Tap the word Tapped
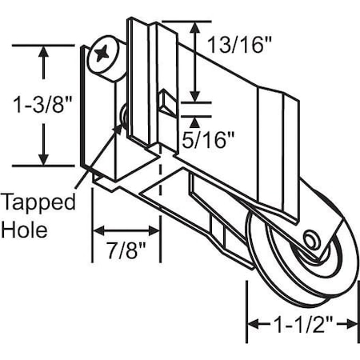click(38, 201)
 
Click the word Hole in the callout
click(25, 230)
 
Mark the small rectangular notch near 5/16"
click(166, 102)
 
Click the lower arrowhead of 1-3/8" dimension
click(44, 159)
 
